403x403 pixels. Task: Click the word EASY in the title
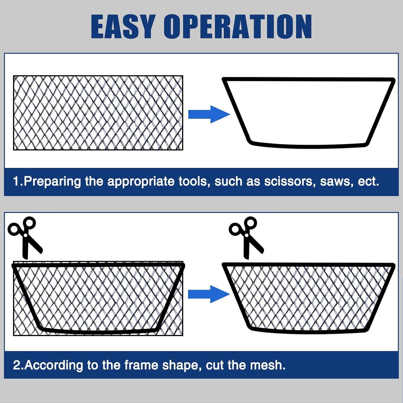click(123, 26)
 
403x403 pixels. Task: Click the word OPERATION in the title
click(238, 26)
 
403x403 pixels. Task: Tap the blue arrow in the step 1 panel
click(209, 114)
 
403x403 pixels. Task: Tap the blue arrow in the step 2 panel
click(209, 294)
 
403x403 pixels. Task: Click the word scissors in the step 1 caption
click(290, 182)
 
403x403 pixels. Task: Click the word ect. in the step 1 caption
click(369, 182)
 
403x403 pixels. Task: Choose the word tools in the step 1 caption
click(194, 182)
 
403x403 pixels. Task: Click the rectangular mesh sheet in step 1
click(98, 113)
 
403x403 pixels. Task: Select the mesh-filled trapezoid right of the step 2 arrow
click(308, 298)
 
